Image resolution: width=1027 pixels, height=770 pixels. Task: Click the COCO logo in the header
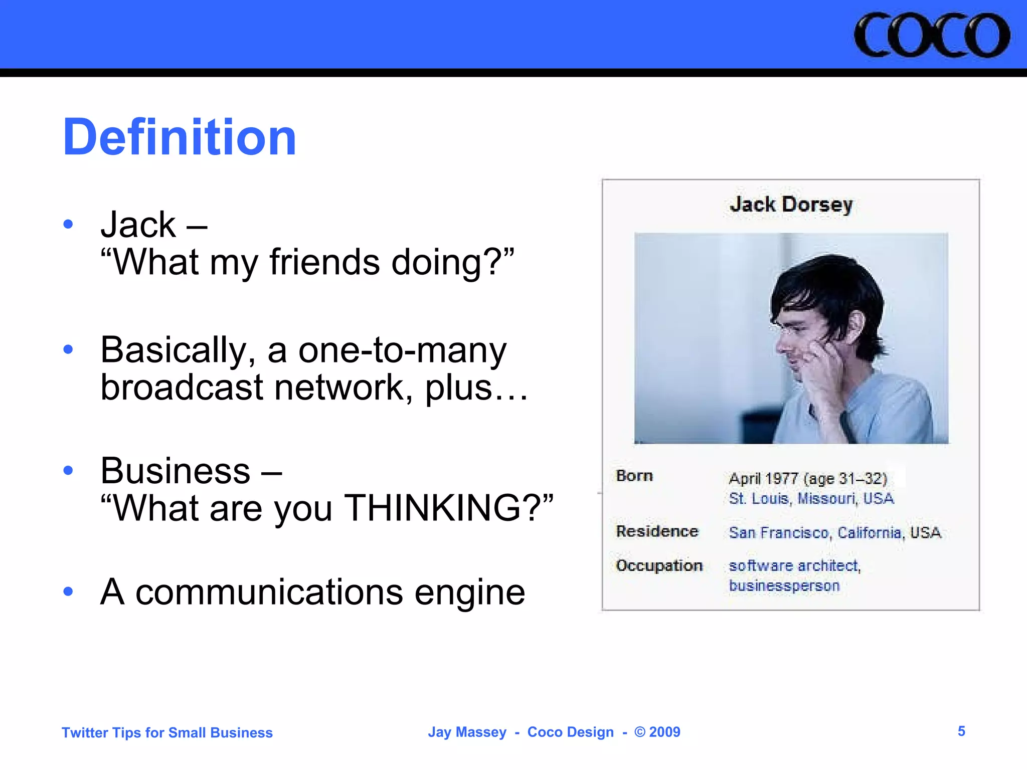(931, 35)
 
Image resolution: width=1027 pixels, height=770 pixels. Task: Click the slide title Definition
(180, 137)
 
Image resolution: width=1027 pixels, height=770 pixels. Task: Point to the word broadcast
(182, 388)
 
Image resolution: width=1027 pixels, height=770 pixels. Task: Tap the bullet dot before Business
(69, 470)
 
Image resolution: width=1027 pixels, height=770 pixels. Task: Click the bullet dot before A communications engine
(69, 592)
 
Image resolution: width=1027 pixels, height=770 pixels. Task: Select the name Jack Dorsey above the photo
(791, 205)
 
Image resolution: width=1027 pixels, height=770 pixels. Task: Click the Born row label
(634, 476)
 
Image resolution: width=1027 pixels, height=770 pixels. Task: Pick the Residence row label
(657, 531)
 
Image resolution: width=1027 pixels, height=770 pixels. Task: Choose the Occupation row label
(659, 565)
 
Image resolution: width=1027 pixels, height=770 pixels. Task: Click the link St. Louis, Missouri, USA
(811, 499)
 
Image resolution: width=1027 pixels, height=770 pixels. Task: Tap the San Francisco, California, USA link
(834, 532)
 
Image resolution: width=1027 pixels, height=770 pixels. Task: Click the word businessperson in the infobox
(784, 586)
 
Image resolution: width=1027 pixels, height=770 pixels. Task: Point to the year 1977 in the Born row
(782, 479)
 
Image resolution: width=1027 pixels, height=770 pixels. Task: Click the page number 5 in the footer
(961, 731)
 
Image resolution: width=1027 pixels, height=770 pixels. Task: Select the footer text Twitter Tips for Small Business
(167, 733)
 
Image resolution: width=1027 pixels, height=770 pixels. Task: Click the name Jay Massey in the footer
(467, 732)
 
